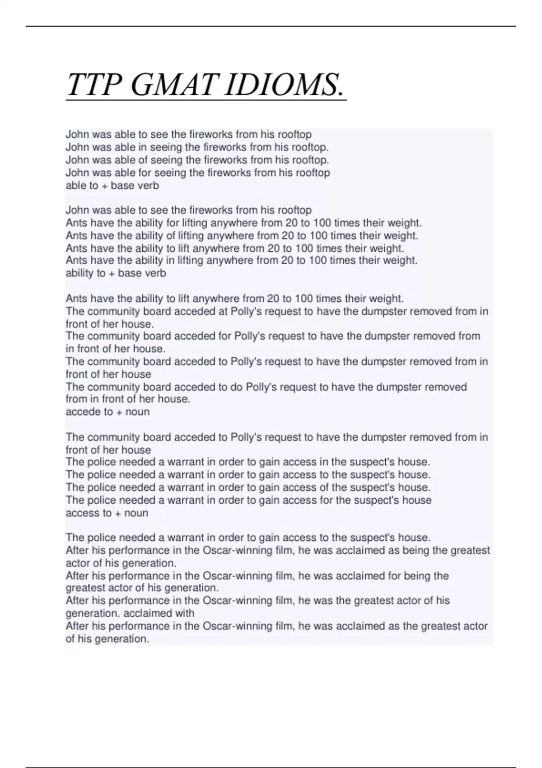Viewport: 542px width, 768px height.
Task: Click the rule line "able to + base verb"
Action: (112, 186)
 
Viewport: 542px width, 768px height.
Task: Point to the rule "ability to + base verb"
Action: (116, 273)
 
